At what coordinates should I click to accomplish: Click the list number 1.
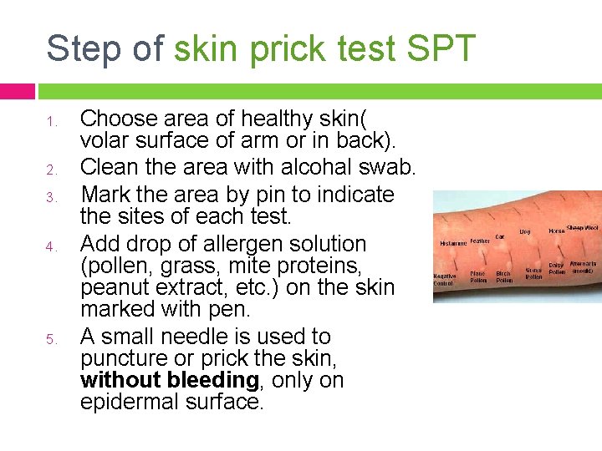(x=50, y=123)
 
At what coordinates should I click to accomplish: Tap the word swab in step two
(x=387, y=168)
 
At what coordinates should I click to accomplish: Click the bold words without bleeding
(x=169, y=380)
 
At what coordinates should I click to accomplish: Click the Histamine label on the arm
(x=453, y=243)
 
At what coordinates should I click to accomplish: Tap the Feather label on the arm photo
(x=480, y=241)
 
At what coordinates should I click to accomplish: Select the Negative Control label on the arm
(x=445, y=280)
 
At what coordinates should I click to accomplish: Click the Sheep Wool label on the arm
(x=583, y=227)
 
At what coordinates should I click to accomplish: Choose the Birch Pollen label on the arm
(x=504, y=276)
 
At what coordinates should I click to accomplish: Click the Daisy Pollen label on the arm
(x=557, y=268)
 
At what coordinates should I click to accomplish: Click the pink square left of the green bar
(x=18, y=91)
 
